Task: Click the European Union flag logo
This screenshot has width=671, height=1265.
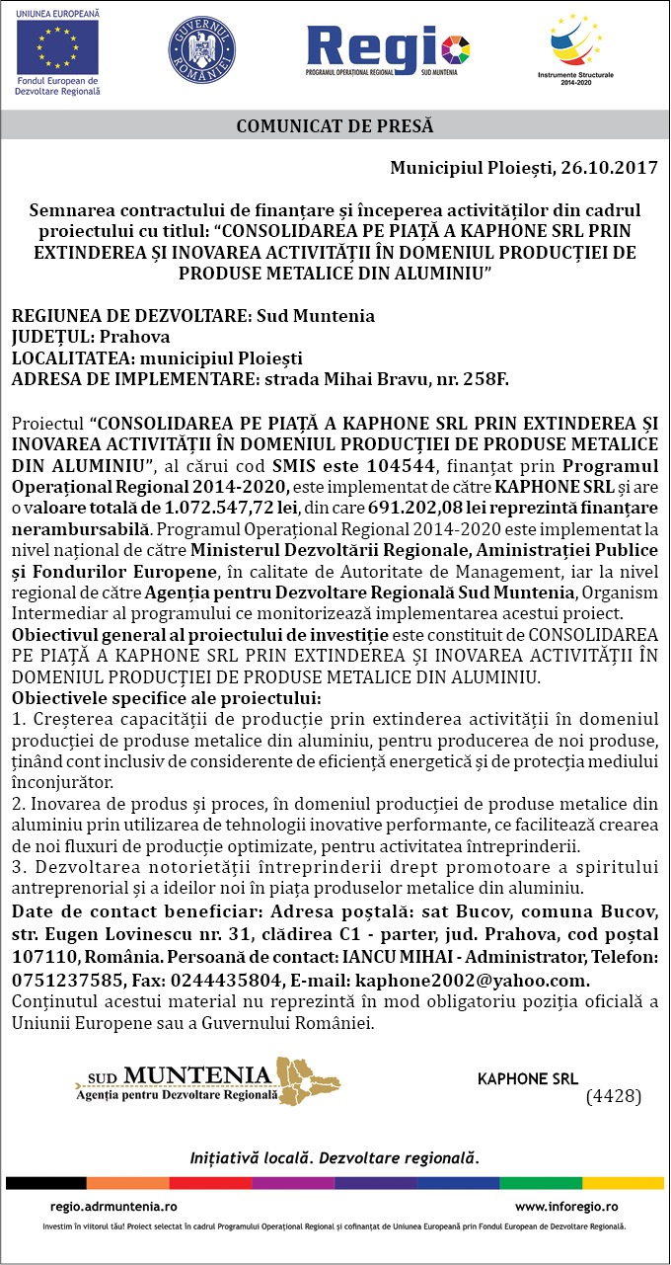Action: (x=57, y=46)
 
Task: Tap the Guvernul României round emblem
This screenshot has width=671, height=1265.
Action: (x=201, y=49)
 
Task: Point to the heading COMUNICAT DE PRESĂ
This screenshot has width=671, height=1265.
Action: (x=335, y=125)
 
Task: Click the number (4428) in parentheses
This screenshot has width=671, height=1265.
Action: (x=614, y=1096)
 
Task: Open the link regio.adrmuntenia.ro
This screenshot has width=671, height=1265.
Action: (x=113, y=1206)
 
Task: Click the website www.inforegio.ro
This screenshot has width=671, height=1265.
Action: (x=566, y=1206)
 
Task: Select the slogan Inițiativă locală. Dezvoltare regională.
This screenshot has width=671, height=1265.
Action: (x=335, y=1156)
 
